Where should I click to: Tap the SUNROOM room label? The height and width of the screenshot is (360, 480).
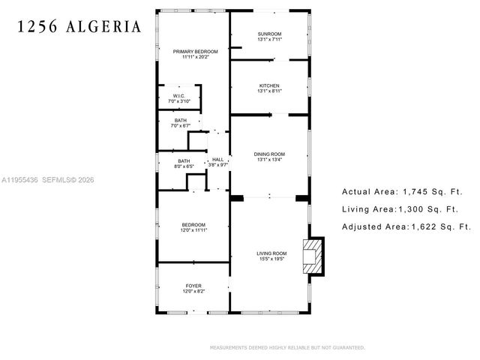tap(269, 34)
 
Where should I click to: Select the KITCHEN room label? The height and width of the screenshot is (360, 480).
tap(269, 85)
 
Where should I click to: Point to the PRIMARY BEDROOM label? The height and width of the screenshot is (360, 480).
tap(195, 52)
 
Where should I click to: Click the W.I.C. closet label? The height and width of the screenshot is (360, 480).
tap(178, 96)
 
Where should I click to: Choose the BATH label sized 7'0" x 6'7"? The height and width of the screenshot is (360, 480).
tap(181, 120)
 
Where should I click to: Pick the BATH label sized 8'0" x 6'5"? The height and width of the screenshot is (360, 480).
tap(184, 160)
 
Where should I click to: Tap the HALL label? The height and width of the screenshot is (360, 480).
tap(217, 160)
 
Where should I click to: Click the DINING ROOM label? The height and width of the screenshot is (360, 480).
tap(269, 154)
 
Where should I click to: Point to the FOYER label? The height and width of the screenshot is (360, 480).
tap(193, 286)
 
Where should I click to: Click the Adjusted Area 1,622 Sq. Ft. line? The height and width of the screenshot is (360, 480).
tap(406, 226)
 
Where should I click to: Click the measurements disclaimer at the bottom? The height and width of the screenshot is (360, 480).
tap(286, 348)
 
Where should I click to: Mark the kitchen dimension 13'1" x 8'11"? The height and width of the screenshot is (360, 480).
tap(269, 91)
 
